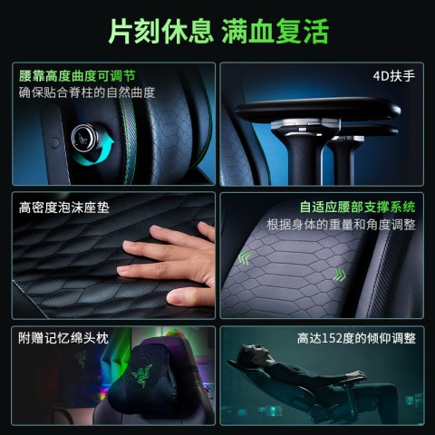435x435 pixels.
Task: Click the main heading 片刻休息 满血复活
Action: pyautogui.click(x=218, y=31)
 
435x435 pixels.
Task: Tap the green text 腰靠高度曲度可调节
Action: pyautogui.click(x=77, y=76)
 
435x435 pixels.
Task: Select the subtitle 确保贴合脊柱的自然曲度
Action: pyautogui.click(x=87, y=92)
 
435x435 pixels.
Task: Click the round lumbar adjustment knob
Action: pyautogui.click(x=84, y=138)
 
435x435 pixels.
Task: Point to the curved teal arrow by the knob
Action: pyautogui.click(x=100, y=152)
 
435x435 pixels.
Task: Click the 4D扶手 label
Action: pyautogui.click(x=394, y=76)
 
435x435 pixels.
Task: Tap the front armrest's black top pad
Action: pyautogui.click(x=317, y=110)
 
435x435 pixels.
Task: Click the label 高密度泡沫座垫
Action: pyautogui.click(x=63, y=208)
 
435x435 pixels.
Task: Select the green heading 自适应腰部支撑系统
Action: pyautogui.click(x=357, y=207)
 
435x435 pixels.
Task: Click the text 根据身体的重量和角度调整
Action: pyautogui.click(x=341, y=225)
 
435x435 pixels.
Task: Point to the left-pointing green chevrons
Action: pyautogui.click(x=245, y=258)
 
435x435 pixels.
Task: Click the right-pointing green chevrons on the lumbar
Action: pyautogui.click(x=340, y=275)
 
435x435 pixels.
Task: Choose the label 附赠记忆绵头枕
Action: pyautogui.click(x=63, y=338)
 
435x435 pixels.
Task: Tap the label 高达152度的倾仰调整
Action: pyautogui.click(x=356, y=338)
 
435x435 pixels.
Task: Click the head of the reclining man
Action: pyautogui.click(x=251, y=355)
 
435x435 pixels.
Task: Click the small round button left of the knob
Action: pyautogui.click(x=54, y=143)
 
